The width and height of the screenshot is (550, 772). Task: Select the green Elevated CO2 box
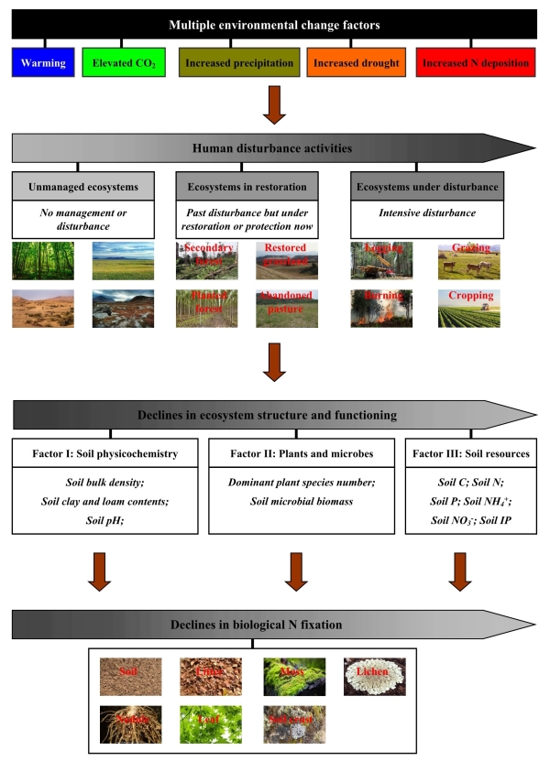coord(123,64)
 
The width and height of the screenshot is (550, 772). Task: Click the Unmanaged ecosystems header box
coord(78,187)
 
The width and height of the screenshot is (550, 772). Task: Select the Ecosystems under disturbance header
coord(424,187)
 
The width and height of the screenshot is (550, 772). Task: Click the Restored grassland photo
coord(287,260)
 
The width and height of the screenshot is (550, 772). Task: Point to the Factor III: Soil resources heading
coord(469,453)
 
